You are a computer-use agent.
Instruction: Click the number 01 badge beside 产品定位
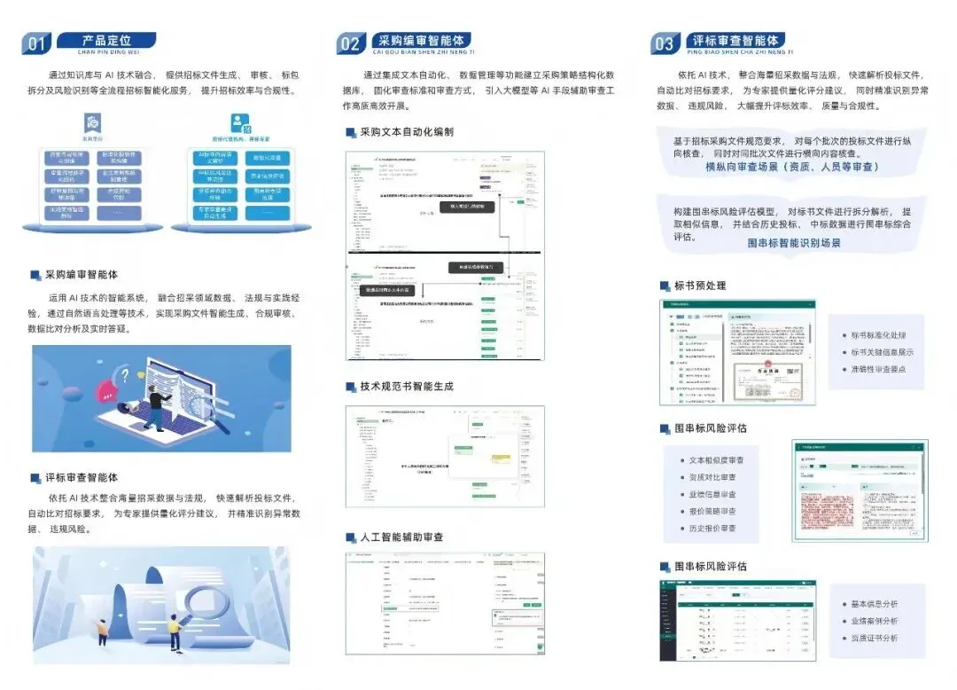point(37,43)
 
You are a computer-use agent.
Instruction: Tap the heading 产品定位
point(106,40)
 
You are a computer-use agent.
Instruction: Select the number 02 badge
point(351,43)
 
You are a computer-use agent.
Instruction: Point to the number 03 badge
point(664,43)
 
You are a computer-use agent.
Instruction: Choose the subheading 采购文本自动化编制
point(407,132)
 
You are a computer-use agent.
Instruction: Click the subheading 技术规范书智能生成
point(407,387)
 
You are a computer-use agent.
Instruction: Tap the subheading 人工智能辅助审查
point(401,537)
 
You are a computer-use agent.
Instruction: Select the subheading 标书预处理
point(700,286)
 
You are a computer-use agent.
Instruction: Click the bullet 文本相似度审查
point(717,460)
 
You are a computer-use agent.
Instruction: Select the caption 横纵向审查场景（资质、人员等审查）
point(792,167)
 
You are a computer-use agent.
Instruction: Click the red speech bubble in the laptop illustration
point(129,374)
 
